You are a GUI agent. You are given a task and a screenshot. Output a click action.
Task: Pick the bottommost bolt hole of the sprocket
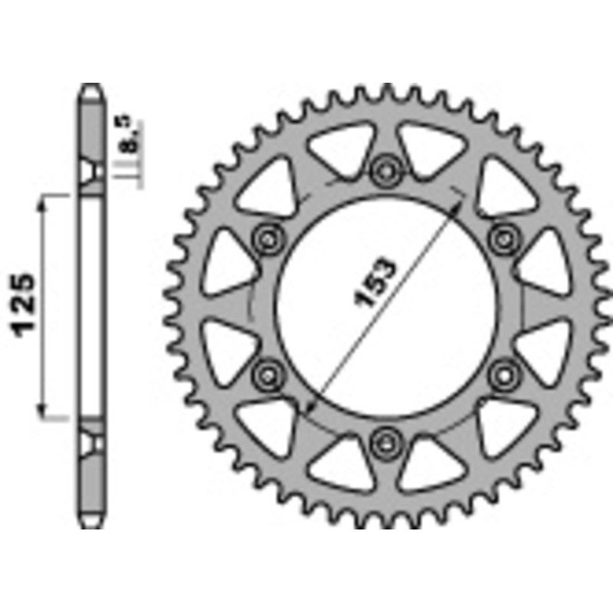(384, 442)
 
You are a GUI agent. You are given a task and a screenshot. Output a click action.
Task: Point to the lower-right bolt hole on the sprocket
(503, 374)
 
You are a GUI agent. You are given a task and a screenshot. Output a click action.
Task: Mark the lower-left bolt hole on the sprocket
(267, 374)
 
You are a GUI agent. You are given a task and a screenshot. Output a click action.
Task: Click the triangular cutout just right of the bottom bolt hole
(427, 464)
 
